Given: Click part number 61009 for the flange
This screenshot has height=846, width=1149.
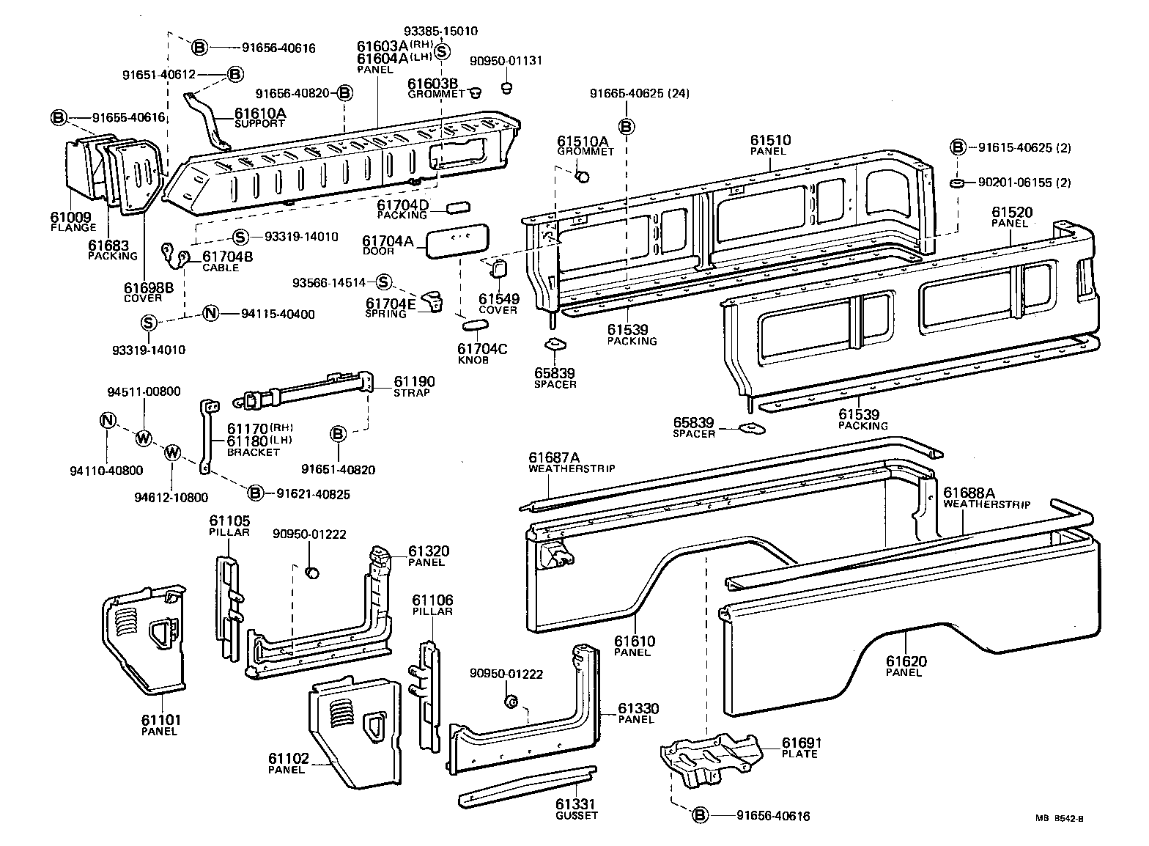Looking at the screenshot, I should tap(70, 217).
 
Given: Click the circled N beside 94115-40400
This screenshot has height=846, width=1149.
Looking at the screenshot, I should tap(210, 314).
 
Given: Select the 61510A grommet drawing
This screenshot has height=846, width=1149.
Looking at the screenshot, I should tap(583, 176).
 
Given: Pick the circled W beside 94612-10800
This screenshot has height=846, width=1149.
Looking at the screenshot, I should tap(172, 452).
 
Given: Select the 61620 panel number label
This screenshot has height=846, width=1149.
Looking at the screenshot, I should tap(906, 661).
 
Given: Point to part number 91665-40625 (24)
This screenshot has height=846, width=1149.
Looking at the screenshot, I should tap(640, 94).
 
